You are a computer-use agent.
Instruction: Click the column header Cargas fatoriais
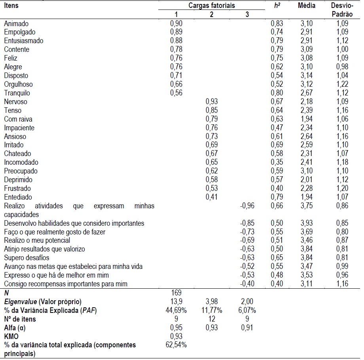(x=212, y=6)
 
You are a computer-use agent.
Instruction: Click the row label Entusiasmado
(x=24, y=41)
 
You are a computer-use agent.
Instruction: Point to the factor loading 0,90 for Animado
(x=176, y=24)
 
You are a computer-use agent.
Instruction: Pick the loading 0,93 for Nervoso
(x=212, y=102)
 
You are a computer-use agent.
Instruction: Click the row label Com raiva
(x=18, y=119)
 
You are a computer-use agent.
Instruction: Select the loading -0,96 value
(x=247, y=206)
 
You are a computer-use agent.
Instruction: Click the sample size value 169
(x=176, y=293)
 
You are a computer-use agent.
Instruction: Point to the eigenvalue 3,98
(x=212, y=301)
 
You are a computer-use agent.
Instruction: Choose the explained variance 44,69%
(x=176, y=310)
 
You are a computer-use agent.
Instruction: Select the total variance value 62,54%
(x=176, y=345)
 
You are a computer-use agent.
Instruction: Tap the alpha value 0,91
(x=247, y=328)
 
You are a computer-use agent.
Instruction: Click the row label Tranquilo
(x=17, y=93)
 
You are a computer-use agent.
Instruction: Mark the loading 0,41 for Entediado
(x=212, y=197)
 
